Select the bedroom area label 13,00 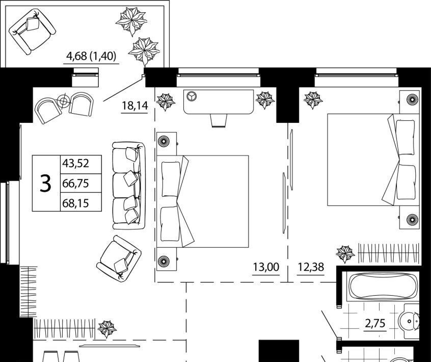(x=266, y=266)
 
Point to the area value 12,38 (x=310, y=266)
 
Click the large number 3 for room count (x=46, y=183)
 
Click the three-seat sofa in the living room (x=128, y=185)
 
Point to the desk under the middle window (x=219, y=102)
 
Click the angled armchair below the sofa (x=119, y=257)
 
